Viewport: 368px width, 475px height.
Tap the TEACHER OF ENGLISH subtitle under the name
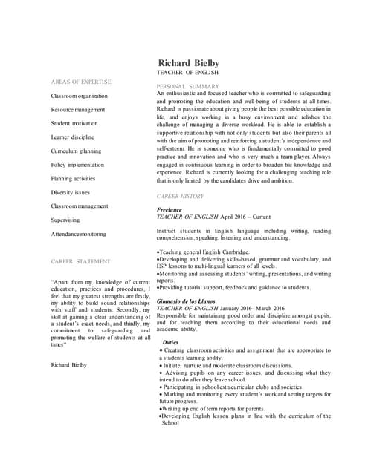187,73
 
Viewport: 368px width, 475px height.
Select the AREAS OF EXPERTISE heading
81,82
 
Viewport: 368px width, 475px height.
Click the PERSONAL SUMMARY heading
188,86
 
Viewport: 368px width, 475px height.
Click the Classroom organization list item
79,96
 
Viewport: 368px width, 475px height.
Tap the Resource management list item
77,110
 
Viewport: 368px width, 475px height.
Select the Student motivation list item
74,123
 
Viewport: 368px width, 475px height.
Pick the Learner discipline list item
72,137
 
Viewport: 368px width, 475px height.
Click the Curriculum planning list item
76,151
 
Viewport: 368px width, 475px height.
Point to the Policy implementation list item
77,165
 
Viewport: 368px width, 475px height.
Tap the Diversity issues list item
70,192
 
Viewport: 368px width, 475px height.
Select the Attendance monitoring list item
78,234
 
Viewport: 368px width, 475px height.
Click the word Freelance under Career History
170,210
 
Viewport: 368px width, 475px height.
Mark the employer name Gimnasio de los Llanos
190,301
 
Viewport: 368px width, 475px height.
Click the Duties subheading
170,342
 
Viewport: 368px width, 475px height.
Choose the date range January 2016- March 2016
252,308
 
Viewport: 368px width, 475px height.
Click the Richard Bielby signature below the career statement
68,365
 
